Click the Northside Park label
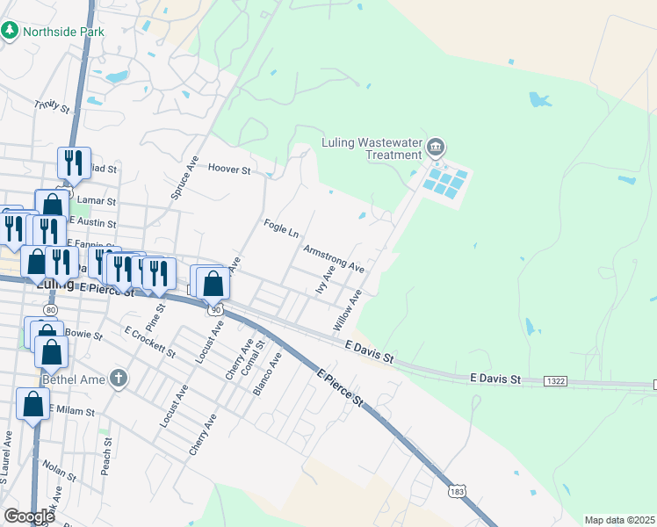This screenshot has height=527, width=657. click(63, 32)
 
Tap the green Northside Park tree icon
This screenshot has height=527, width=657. click(10, 31)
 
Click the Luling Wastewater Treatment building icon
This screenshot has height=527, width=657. click(436, 146)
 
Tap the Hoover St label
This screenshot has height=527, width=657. click(229, 169)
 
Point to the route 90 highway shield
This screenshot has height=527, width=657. click(215, 309)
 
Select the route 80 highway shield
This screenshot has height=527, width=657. click(50, 310)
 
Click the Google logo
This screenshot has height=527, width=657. click(29, 516)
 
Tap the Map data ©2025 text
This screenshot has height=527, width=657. click(619, 520)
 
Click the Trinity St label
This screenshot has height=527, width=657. click(52, 106)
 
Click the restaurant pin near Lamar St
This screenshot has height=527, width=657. click(73, 162)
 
